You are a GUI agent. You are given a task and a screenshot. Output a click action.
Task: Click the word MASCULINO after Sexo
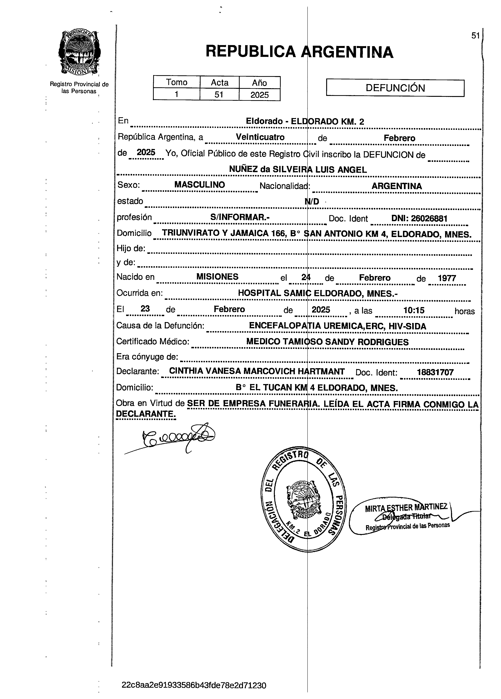[200, 185]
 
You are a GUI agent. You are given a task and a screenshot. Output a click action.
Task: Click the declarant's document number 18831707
[435, 372]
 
